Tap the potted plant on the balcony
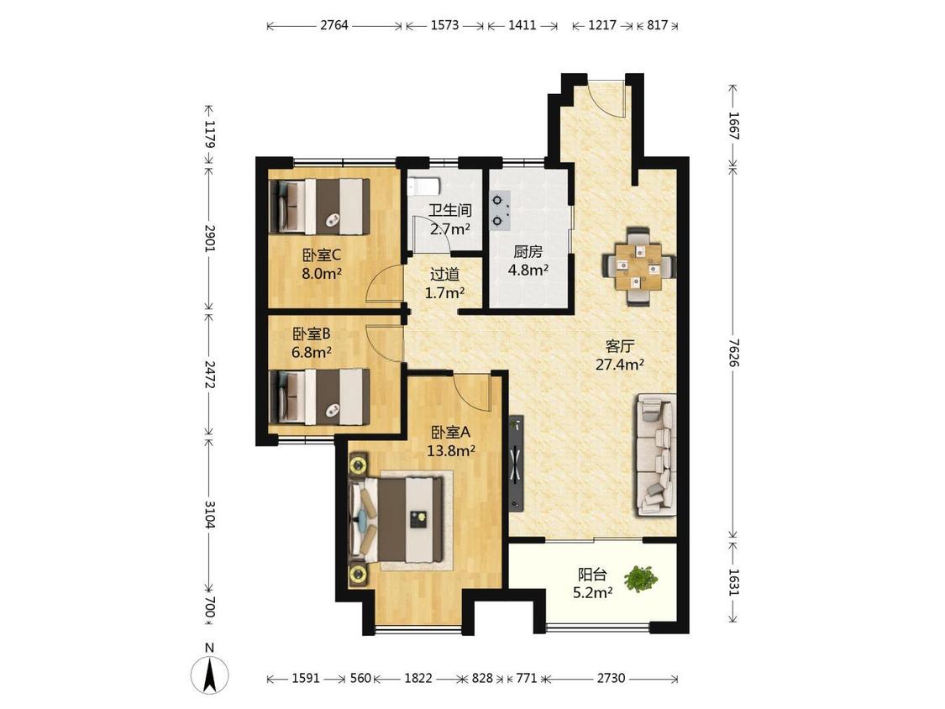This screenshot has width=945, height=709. click(641, 579)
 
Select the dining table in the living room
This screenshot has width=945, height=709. click(639, 266)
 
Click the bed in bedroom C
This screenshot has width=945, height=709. click(319, 207)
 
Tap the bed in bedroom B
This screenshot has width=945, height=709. click(319, 397)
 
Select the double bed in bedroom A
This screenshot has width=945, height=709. click(400, 519)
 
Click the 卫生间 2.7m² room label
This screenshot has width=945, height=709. click(450, 219)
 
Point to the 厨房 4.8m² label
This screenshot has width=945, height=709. click(528, 260)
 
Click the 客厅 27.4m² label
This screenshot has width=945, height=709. click(620, 355)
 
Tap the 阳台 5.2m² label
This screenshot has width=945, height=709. click(592, 584)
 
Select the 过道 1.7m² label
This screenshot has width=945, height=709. click(444, 283)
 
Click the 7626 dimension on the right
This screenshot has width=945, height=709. click(733, 352)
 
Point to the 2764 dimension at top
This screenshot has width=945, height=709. click(333, 25)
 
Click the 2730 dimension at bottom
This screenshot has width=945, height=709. click(612, 678)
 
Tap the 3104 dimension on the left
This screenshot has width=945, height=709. click(210, 514)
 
